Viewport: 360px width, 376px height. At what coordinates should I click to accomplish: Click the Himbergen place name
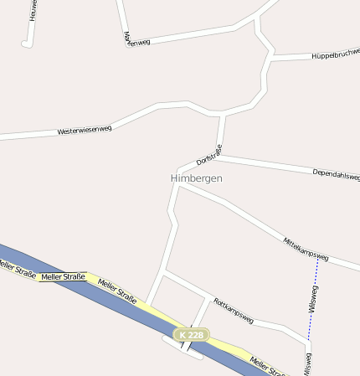pos(197,178)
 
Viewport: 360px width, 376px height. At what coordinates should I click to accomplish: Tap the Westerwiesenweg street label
pos(85,131)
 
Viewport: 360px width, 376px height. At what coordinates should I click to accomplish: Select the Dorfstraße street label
pos(208,154)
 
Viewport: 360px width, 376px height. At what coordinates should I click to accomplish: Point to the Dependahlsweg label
pos(335,174)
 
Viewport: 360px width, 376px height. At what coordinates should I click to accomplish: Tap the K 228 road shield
pos(191,335)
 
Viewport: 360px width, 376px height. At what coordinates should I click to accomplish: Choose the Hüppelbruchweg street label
pos(335,54)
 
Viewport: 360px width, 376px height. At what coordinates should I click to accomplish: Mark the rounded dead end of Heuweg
pos(27,44)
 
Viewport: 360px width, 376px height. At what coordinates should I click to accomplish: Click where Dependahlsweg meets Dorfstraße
pos(219,156)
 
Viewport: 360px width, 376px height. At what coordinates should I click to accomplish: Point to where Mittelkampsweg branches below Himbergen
pos(179,185)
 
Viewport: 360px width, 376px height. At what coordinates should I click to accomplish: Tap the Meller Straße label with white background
pos(63,276)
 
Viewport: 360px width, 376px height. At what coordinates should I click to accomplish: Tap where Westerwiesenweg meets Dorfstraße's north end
pos(222,113)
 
